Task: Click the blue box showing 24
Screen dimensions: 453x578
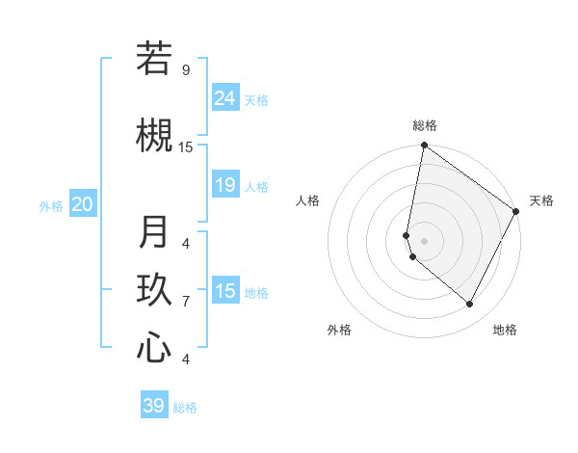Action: (x=225, y=98)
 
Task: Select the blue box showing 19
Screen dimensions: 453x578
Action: (x=225, y=185)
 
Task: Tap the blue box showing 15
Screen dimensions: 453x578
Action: (x=225, y=291)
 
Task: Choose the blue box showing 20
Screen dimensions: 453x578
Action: (x=83, y=204)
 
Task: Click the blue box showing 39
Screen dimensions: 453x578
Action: (x=154, y=406)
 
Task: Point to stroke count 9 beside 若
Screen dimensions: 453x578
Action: (x=186, y=70)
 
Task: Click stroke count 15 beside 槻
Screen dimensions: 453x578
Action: (x=186, y=147)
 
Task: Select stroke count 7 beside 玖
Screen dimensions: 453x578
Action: (x=186, y=302)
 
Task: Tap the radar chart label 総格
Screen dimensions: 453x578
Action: (x=424, y=125)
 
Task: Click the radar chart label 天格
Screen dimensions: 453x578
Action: (x=541, y=201)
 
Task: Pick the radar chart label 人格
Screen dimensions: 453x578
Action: (x=307, y=201)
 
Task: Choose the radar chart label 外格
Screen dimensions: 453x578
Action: (x=339, y=330)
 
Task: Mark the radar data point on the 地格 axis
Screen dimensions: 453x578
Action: (x=470, y=305)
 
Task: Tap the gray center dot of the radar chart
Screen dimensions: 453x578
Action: (x=424, y=241)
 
